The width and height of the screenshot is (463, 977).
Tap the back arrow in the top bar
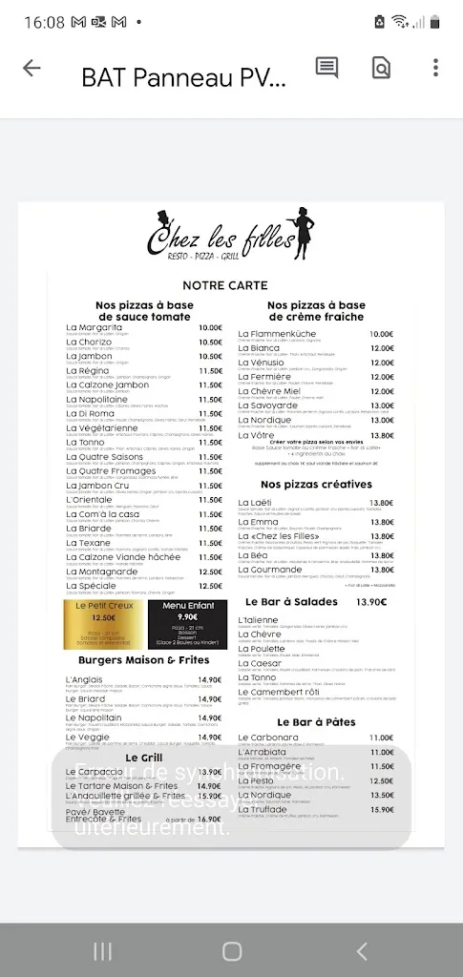tap(32, 68)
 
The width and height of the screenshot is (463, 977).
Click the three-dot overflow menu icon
tap(435, 68)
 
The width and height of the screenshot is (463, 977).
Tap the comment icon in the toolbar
tap(326, 68)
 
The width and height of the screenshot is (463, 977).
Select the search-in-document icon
tap(381, 68)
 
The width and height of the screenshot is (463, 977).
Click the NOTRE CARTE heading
tap(225, 285)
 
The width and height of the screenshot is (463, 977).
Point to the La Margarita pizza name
tap(95, 328)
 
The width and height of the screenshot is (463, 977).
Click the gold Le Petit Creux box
tap(104, 624)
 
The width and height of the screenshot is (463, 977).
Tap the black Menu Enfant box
tap(187, 624)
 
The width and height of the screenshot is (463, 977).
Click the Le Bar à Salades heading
tap(292, 602)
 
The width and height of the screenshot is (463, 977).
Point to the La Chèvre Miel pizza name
tap(269, 391)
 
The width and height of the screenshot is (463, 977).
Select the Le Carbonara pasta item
tap(268, 738)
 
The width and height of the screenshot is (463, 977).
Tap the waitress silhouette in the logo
tap(305, 232)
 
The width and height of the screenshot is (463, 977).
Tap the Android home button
tap(232, 950)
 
